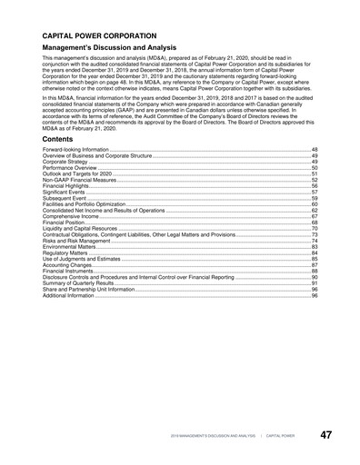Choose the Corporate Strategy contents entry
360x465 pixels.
pyautogui.click(x=65, y=161)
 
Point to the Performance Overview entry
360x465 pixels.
pyautogui.click(x=69, y=168)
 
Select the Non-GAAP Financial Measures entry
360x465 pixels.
pyautogui.click(x=77, y=181)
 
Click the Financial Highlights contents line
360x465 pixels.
pyautogui.click(x=66, y=187)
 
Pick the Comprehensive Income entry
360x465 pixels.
pyautogui.click(x=71, y=216)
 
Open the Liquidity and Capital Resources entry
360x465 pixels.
pyautogui.click(x=80, y=228)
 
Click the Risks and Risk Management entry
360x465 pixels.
pyautogui.click(x=76, y=241)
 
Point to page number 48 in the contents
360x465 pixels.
pyautogui.click(x=315, y=147)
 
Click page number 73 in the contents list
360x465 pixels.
pyautogui.click(x=315, y=234)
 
